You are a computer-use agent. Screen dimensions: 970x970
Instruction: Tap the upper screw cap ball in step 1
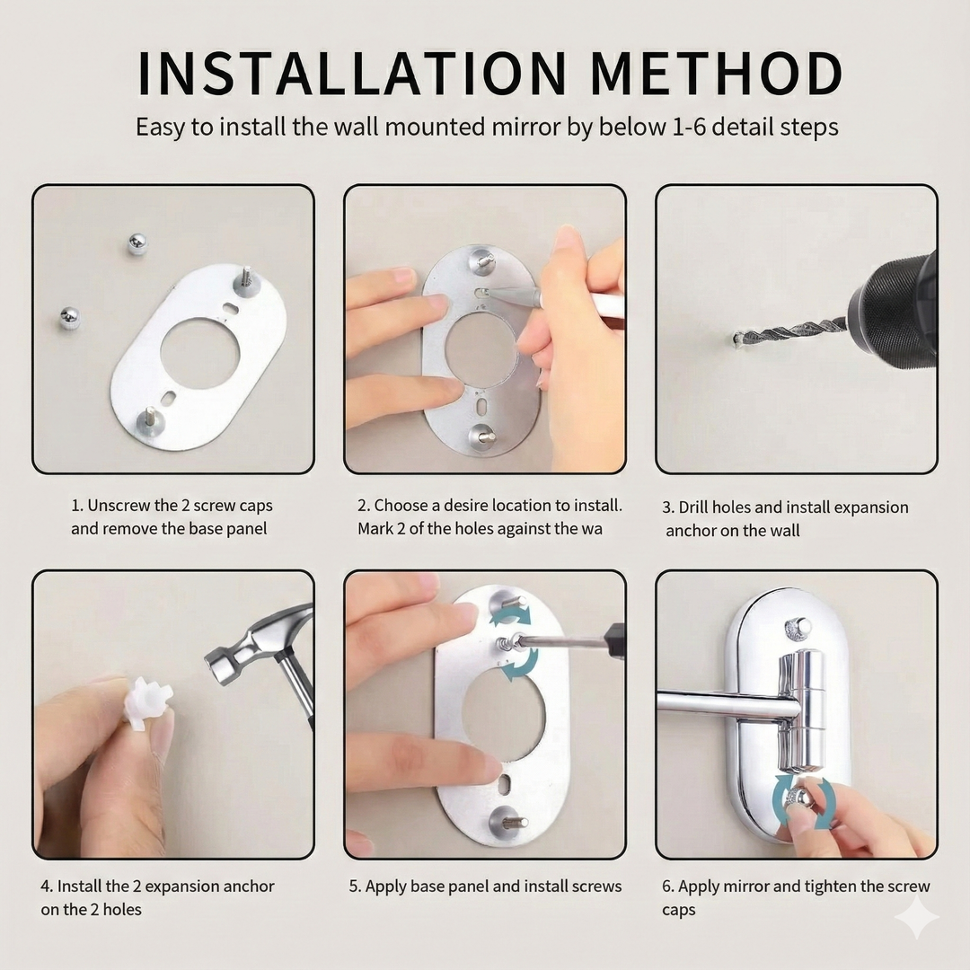(137, 243)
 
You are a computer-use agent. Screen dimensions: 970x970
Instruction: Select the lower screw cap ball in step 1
(69, 317)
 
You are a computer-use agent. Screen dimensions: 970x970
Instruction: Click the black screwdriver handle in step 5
(614, 640)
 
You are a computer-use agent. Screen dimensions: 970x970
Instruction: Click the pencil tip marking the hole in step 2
(492, 292)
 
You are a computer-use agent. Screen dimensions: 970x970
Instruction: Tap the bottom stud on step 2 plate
(483, 437)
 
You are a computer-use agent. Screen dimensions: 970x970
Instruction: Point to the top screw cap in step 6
(798, 627)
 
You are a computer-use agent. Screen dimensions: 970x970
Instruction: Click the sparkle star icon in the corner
(916, 916)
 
